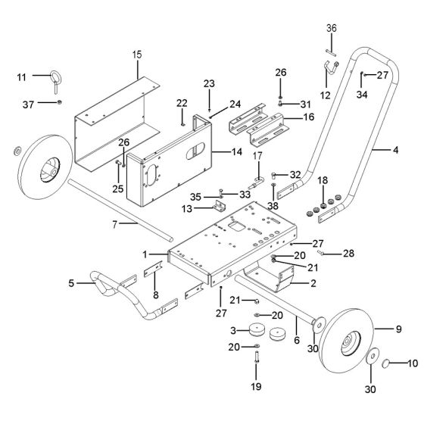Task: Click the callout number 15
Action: tap(137, 55)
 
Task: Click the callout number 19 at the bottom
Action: tap(257, 385)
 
